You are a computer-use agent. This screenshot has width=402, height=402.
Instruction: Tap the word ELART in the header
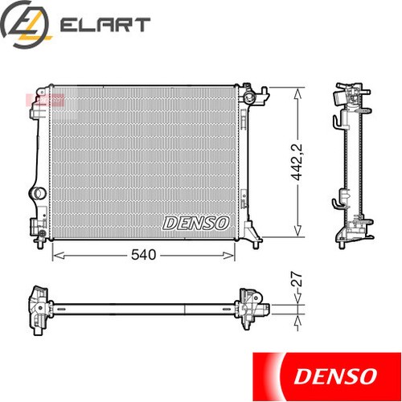105,25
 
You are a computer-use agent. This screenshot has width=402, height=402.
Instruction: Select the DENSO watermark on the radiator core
197,222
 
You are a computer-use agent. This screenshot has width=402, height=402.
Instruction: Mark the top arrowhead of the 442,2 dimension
298,90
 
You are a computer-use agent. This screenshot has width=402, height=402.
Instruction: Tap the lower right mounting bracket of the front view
252,233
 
